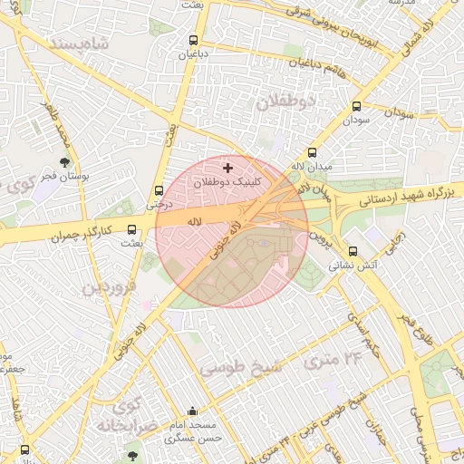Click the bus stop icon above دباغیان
(193, 41)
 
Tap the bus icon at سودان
(356, 106)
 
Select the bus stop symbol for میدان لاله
(313, 152)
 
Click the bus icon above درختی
(159, 190)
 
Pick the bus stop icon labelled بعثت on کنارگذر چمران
(133, 230)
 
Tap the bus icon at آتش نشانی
(353, 252)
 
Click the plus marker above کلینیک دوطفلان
(227, 168)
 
